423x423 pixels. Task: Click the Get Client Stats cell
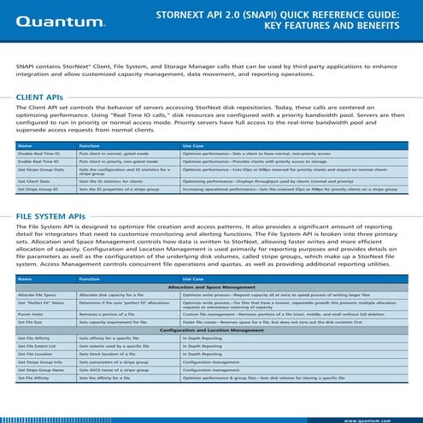tap(33, 182)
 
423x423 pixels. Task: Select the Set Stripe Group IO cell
tap(37, 190)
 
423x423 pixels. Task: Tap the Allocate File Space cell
tap(37, 295)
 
